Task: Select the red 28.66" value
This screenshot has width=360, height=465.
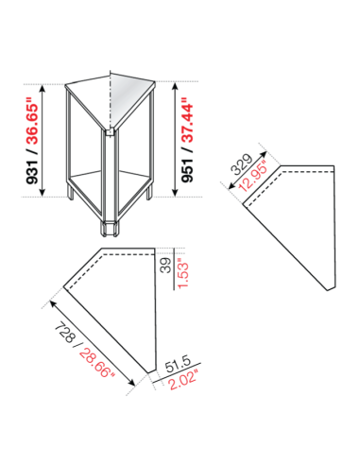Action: [x=94, y=356]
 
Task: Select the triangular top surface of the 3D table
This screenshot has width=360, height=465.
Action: [x=112, y=94]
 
